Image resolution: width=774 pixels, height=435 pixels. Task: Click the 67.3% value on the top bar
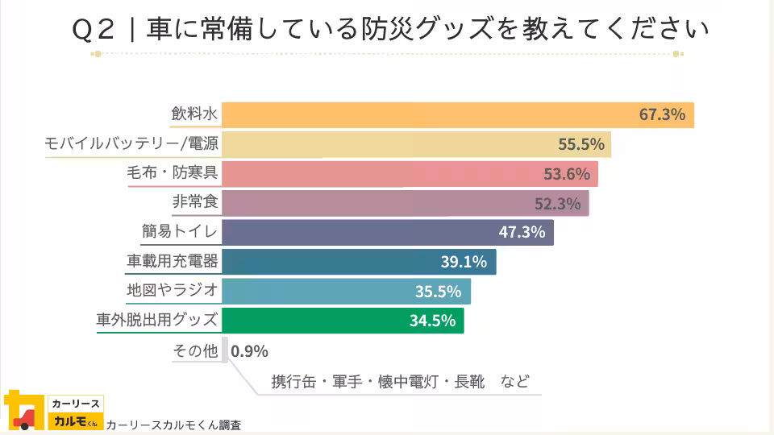point(662,114)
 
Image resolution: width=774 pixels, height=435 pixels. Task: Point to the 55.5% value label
point(581,144)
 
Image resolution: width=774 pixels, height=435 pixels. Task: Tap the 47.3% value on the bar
point(522,233)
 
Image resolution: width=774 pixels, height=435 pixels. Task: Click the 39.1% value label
point(464,262)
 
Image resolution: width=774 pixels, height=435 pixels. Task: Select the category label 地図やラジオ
point(172,291)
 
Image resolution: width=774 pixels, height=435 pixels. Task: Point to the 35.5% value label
point(438,292)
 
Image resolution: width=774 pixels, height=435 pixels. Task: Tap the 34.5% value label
point(432,321)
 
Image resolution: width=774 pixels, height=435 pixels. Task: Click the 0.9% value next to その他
point(249,351)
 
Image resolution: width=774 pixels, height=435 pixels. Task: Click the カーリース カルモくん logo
point(52,411)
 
